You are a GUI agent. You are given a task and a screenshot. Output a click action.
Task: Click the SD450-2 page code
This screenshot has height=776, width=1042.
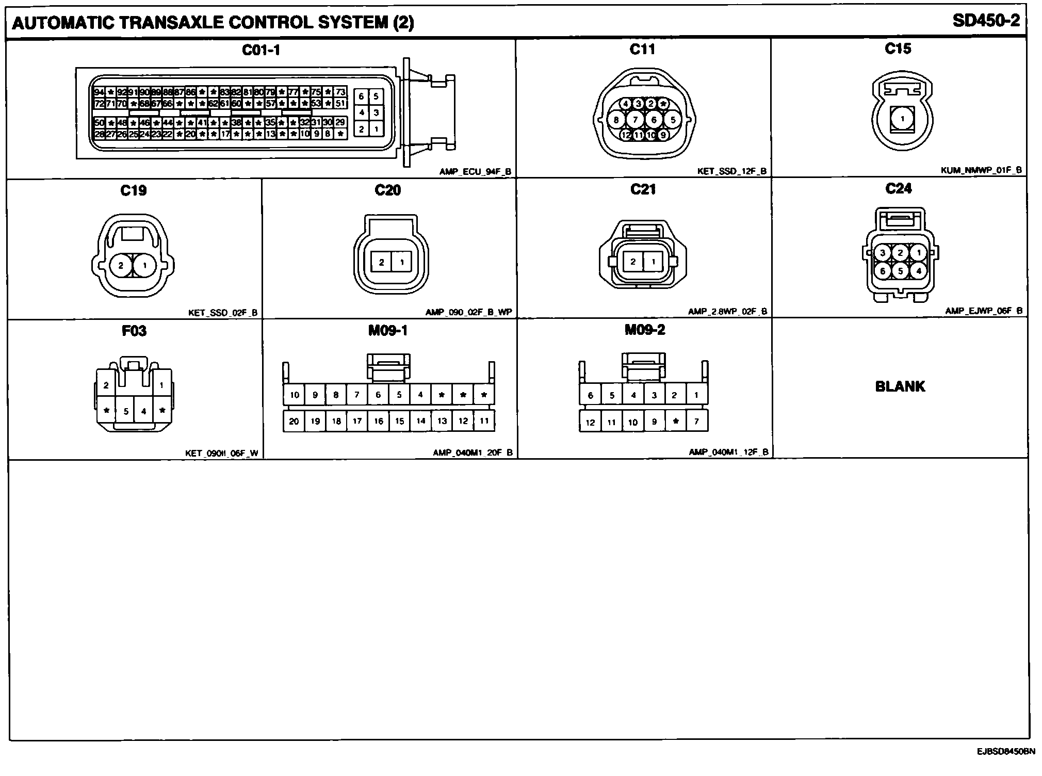click(x=986, y=21)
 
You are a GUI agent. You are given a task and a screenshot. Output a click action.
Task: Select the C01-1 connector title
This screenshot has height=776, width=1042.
click(x=261, y=50)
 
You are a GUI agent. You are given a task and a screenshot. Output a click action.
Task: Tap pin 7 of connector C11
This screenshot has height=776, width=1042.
click(x=636, y=120)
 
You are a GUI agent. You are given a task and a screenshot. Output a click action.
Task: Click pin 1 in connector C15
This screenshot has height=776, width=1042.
click(x=902, y=119)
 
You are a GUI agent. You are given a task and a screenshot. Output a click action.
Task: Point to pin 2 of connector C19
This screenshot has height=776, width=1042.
click(x=121, y=266)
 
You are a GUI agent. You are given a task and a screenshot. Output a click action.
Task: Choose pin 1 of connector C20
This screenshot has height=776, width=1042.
click(x=402, y=262)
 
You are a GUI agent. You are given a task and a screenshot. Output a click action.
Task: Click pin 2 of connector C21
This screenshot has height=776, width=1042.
click(x=633, y=262)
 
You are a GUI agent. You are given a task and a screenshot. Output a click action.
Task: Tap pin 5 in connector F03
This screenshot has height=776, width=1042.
click(x=126, y=411)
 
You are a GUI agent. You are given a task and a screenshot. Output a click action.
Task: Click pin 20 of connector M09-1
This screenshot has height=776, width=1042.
click(x=294, y=421)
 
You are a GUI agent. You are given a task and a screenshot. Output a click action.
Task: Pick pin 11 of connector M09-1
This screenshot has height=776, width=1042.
click(x=484, y=421)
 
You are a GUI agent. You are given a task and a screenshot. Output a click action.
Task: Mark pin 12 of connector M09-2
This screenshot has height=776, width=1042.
click(x=590, y=422)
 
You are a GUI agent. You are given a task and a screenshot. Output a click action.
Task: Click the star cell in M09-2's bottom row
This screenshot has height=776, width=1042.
click(x=675, y=422)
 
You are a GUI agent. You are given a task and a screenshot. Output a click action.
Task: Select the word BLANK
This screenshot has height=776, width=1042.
click(x=900, y=386)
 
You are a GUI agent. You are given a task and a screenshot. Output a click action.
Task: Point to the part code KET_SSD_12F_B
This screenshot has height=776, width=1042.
click(x=732, y=171)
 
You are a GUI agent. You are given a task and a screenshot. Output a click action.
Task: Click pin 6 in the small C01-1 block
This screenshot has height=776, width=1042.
click(x=361, y=96)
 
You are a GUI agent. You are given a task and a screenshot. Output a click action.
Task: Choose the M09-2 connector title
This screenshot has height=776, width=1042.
click(x=645, y=330)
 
